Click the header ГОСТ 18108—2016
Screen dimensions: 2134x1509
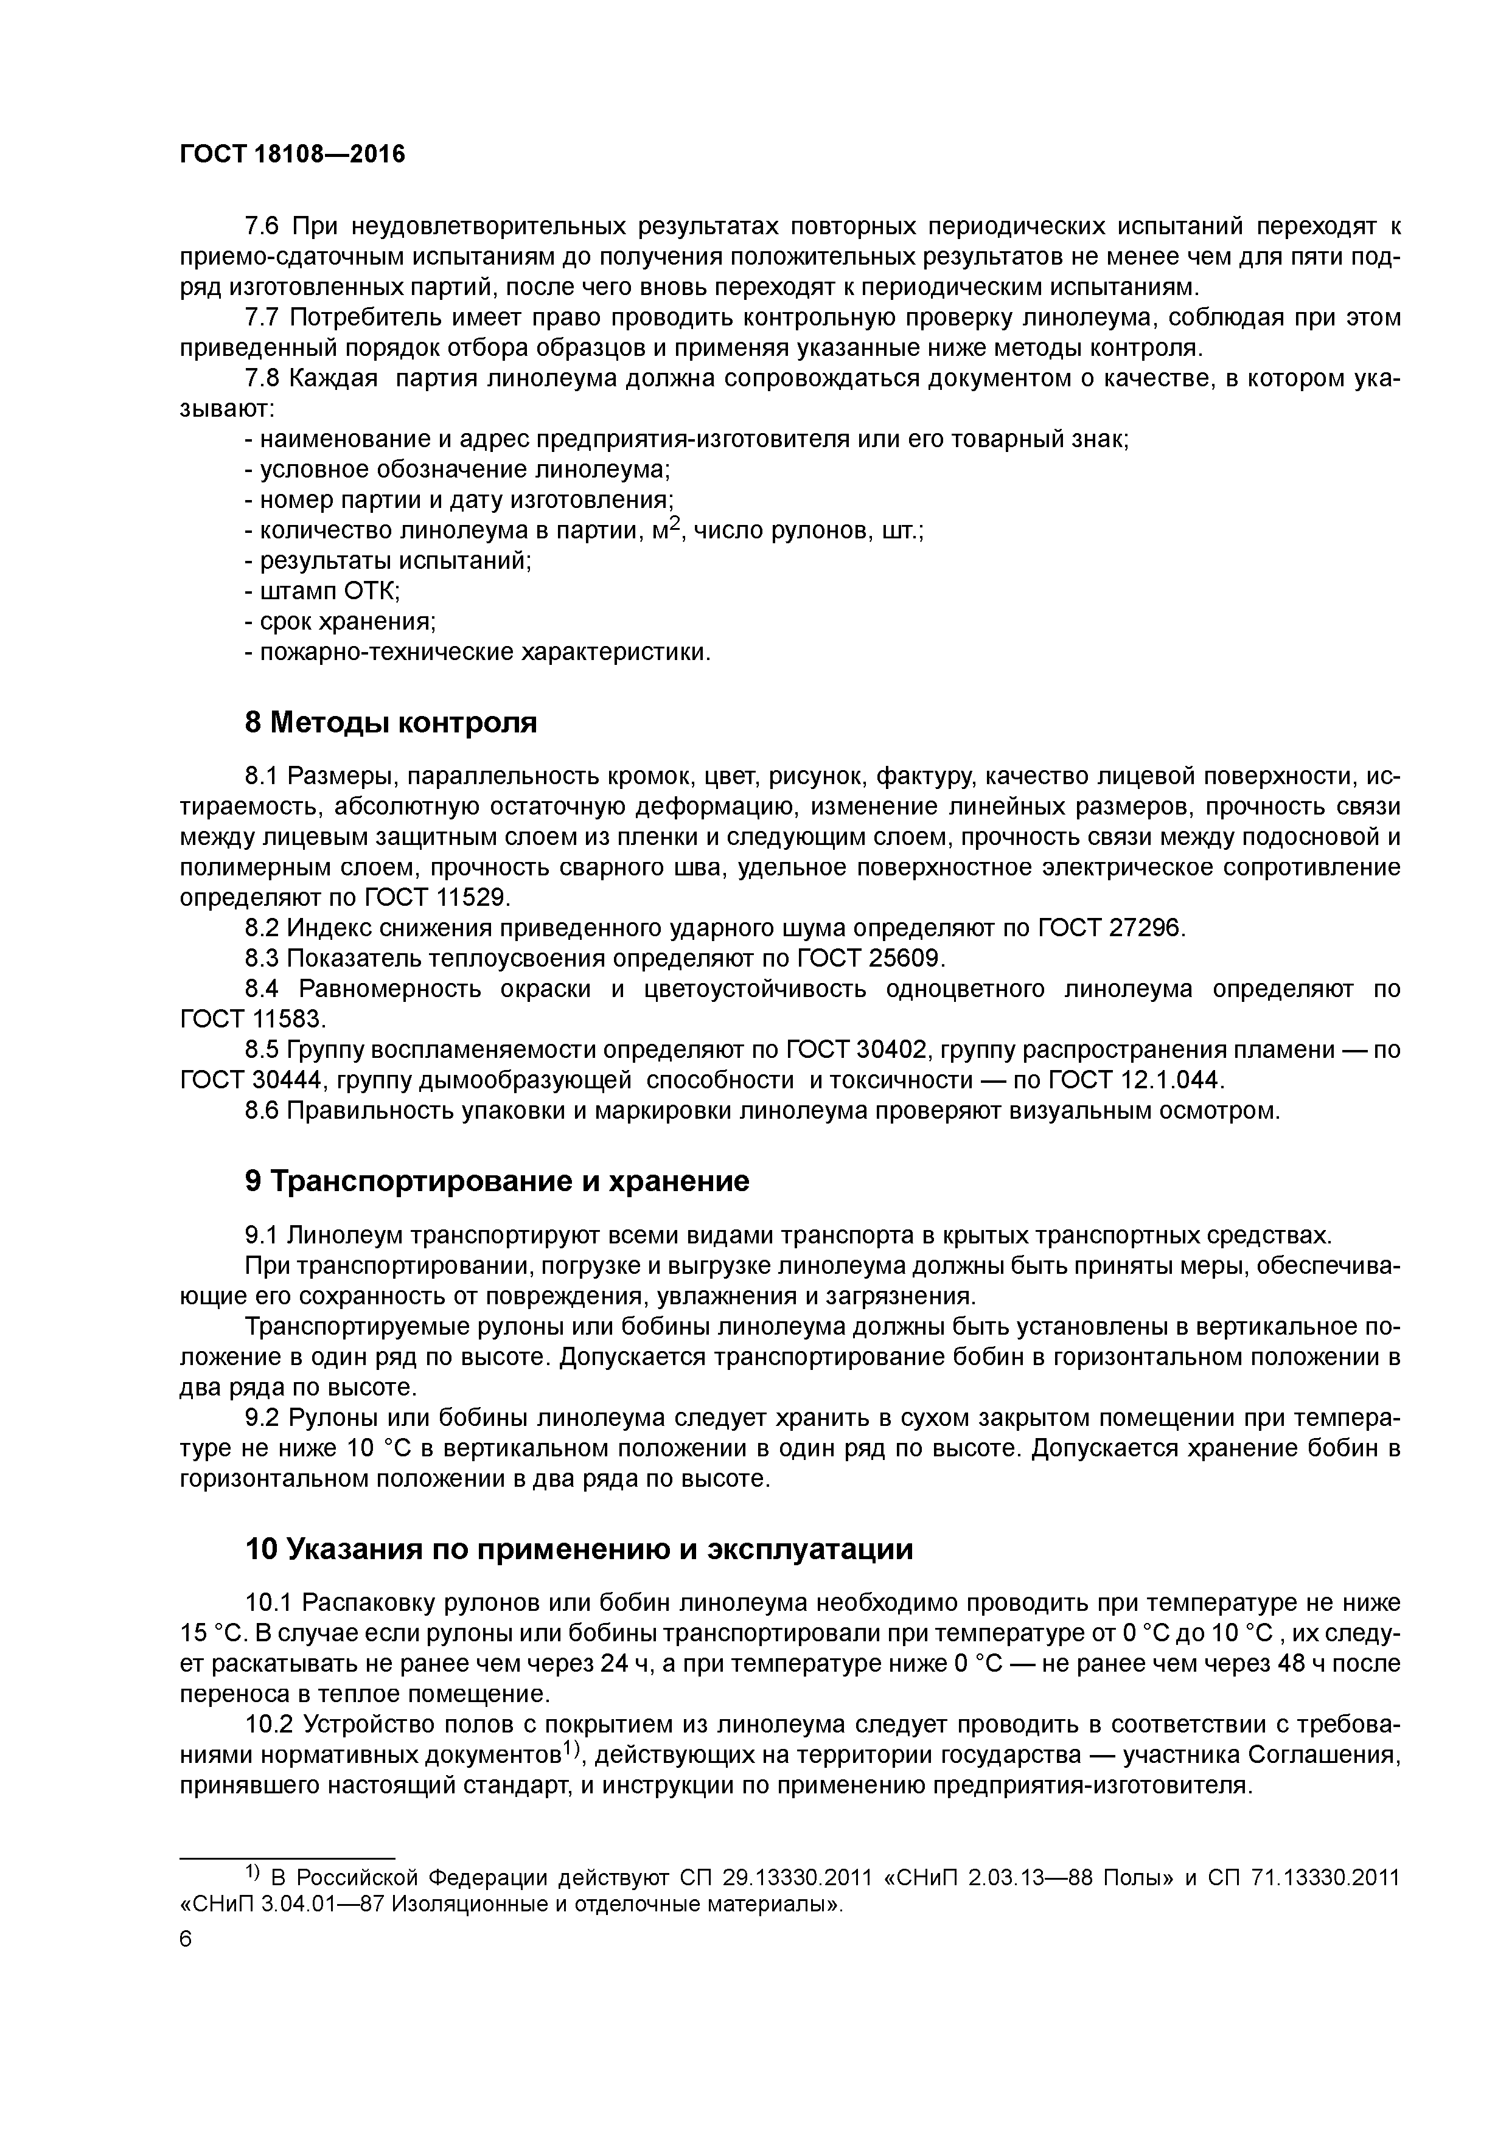point(292,155)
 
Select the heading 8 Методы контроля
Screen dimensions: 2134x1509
point(391,722)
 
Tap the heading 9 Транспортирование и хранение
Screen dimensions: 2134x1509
point(497,1181)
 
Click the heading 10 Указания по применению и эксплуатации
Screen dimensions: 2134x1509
point(578,1549)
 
